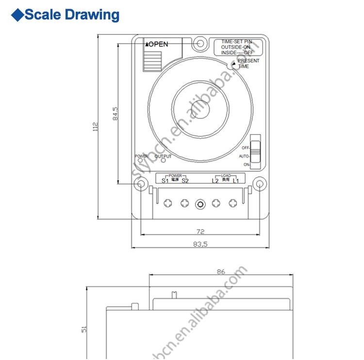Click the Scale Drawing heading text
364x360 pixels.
72,15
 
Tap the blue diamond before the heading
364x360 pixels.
17,15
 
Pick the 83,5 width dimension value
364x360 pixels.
200,245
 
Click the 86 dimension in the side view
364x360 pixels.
221,272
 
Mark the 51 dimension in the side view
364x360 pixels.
84,329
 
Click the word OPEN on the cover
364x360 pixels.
158,44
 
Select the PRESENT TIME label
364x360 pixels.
248,64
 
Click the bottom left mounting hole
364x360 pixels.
141,184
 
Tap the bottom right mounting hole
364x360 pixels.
260,184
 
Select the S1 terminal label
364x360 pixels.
165,181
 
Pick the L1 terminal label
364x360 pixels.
235,181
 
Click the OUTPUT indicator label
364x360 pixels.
163,156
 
